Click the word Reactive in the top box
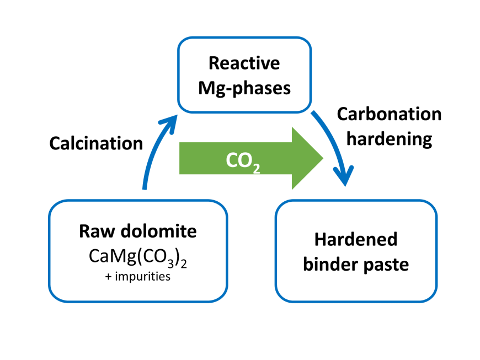[244, 63]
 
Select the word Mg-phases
[244, 87]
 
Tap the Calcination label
[96, 143]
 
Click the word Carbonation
[389, 114]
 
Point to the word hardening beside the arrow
[389, 138]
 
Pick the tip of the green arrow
[322, 158]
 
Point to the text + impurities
[138, 277]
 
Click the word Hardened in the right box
[356, 240]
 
